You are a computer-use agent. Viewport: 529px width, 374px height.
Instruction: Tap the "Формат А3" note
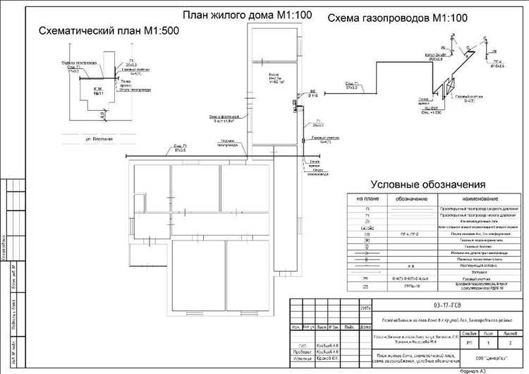[x=478, y=370]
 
